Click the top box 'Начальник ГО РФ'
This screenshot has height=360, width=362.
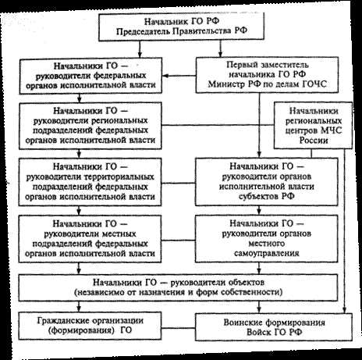pyautogui.click(x=182, y=27)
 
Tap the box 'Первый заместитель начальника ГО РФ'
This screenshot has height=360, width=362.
pyautogui.click(x=267, y=75)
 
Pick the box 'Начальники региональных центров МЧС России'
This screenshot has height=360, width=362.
pyautogui.click(x=314, y=126)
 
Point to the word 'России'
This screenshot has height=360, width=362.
pyautogui.click(x=314, y=141)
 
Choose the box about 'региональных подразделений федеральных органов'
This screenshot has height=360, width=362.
pyautogui.click(x=90, y=126)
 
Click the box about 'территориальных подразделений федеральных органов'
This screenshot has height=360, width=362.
pyautogui.click(x=90, y=182)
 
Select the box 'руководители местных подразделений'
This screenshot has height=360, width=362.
pyautogui.click(x=90, y=239)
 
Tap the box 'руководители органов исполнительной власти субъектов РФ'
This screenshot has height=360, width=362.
pyautogui.click(x=267, y=181)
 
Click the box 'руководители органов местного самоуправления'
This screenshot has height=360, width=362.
pyautogui.click(x=267, y=238)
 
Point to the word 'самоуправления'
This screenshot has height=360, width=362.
pyautogui.click(x=267, y=253)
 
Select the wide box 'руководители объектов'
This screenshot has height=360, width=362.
pyautogui.click(x=178, y=287)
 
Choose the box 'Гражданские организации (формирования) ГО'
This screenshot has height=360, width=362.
pyautogui.click(x=90, y=326)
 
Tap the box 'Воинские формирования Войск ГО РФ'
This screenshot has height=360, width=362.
pyautogui.click(x=274, y=327)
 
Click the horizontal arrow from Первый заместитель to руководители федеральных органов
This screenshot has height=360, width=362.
pyautogui.click(x=179, y=76)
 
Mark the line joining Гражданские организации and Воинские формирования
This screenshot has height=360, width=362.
pyautogui.click(x=179, y=328)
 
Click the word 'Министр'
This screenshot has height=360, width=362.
pyautogui.click(x=225, y=84)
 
